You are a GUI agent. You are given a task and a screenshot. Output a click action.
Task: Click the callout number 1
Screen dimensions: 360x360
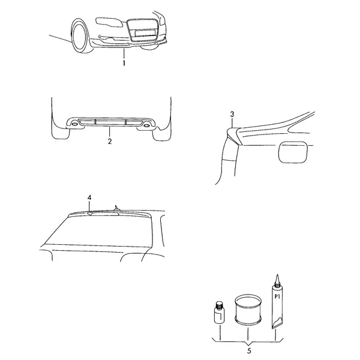coord(124,63)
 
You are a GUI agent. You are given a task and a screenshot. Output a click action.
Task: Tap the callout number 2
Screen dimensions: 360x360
coord(110,141)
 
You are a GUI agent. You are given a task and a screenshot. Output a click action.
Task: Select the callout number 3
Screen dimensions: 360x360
coord(232,114)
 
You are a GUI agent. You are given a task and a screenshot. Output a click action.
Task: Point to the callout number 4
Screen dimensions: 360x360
coord(89,197)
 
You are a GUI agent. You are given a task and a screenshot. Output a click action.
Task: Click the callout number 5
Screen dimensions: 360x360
coord(249,351)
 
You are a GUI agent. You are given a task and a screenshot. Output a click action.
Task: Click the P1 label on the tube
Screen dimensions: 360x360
coord(277,296)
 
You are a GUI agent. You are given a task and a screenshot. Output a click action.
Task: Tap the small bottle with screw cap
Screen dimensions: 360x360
coord(219,313)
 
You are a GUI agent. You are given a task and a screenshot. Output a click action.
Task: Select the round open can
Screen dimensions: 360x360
coord(248,310)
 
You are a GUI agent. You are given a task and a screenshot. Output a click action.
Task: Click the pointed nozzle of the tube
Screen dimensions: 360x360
coord(277,280)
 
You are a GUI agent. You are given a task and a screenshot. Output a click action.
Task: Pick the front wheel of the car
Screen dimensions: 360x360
coord(79,35)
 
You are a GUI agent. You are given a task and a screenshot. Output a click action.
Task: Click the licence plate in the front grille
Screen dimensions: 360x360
coord(146,33)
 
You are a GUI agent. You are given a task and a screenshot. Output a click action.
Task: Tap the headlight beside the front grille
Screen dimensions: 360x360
coord(109,22)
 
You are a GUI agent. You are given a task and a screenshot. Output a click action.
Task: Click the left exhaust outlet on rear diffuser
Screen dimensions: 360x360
coord(74,125)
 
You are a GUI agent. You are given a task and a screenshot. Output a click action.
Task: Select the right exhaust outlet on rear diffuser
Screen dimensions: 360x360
coord(146,125)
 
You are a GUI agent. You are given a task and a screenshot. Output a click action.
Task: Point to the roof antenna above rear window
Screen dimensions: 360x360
coord(117,208)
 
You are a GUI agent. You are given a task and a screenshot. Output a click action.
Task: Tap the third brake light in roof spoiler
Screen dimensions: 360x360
coord(104,214)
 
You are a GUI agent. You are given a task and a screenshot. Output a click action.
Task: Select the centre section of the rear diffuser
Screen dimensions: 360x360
coord(110,122)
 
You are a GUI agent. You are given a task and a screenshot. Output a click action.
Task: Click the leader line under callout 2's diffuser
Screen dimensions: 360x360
coord(110,132)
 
